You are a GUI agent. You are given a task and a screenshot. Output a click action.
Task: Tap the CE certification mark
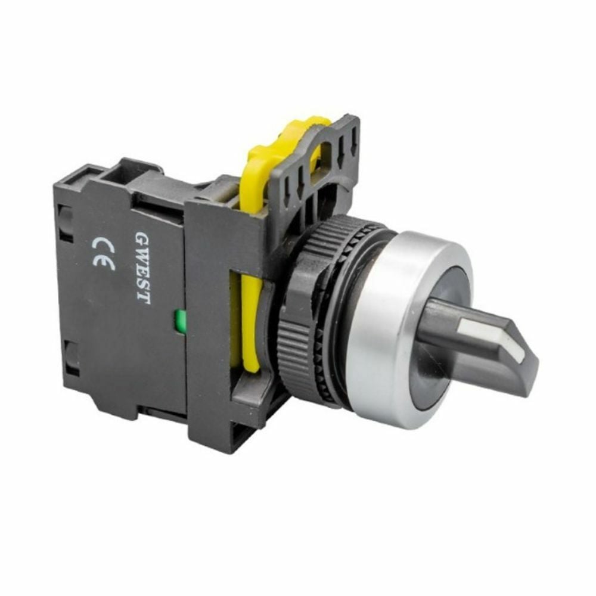[103, 253]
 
